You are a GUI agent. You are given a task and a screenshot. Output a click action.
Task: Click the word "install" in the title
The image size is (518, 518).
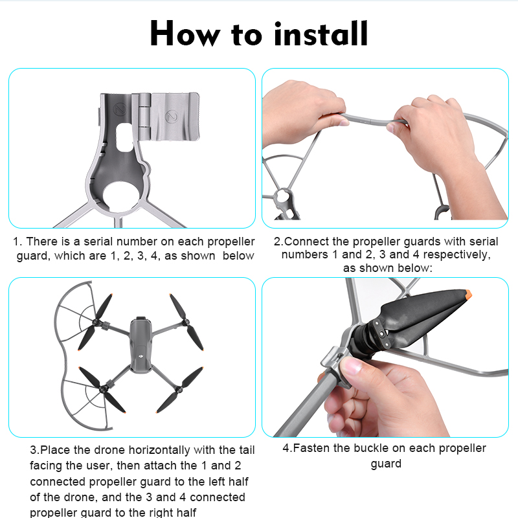coord(321,34)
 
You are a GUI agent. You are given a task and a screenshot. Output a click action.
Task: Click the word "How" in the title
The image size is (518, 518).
coord(185,34)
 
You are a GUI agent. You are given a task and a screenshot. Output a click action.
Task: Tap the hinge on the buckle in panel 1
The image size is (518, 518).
coord(144,116)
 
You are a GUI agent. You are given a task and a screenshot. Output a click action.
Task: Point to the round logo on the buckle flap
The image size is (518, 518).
coord(171,117)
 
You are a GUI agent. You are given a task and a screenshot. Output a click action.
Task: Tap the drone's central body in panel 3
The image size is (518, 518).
coord(141,344)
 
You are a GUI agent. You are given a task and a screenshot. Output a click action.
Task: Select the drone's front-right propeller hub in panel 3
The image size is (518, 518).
coord(185,322)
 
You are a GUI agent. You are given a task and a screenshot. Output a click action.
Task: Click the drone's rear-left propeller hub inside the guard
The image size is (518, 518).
coord(104,389)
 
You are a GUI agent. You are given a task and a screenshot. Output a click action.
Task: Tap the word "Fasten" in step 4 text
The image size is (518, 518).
coord(311,448)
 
